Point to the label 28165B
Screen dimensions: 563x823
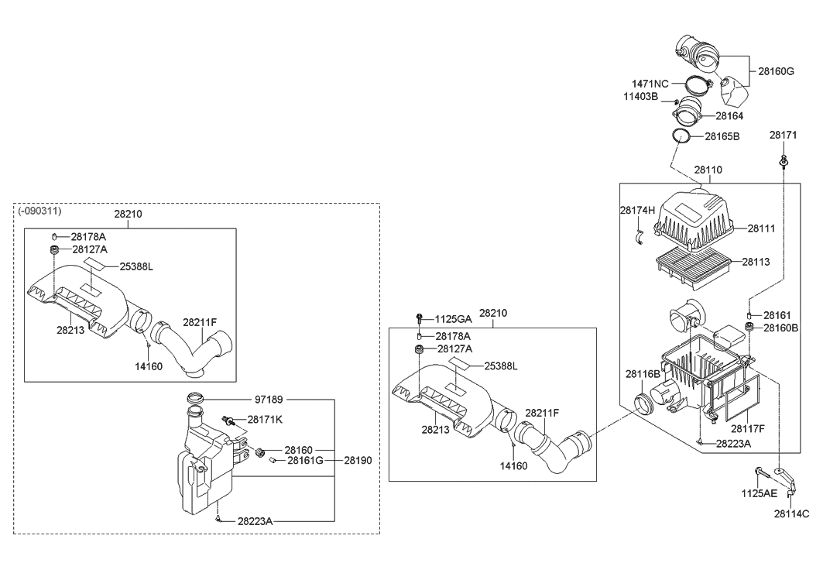click(722, 136)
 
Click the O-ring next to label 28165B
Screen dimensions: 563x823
click(681, 136)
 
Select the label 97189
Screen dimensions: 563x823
click(269, 400)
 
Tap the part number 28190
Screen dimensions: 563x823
click(358, 460)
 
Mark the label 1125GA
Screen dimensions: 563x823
click(453, 318)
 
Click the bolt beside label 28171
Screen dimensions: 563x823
click(784, 161)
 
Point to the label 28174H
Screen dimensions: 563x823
click(637, 210)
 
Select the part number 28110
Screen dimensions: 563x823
click(708, 170)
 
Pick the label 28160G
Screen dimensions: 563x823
click(776, 70)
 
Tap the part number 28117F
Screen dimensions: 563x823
click(747, 428)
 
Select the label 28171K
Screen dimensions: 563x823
click(265, 419)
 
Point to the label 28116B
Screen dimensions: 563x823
click(643, 374)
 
